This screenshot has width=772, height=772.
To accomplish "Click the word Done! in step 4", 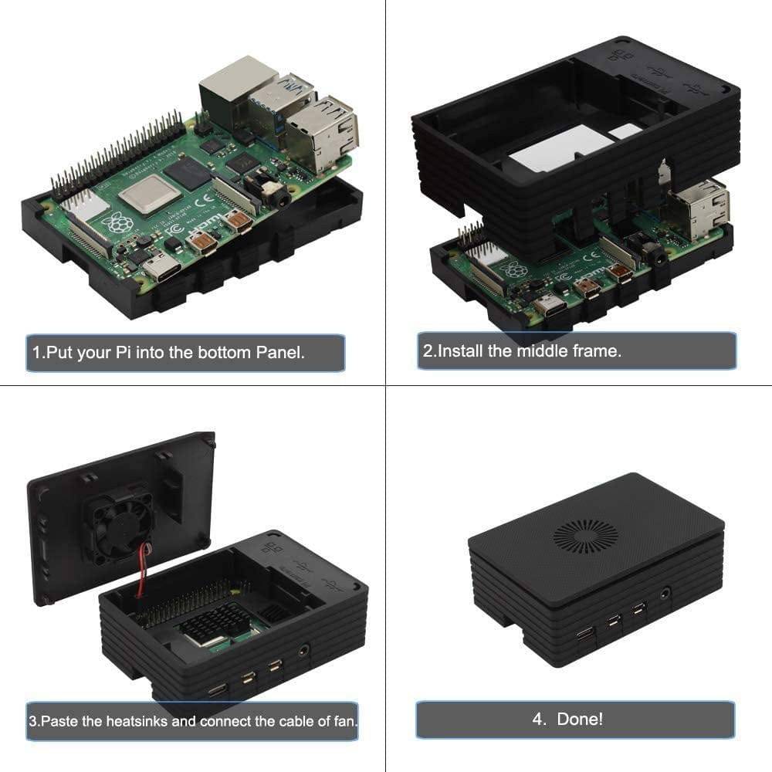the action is coord(580,720).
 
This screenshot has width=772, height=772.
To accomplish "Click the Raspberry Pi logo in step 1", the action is coord(118,222).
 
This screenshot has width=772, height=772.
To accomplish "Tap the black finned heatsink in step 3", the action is coord(214,623).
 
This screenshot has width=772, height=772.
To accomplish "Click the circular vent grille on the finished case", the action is coord(585,536).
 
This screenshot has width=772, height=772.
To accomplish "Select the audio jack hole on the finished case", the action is coord(666,593).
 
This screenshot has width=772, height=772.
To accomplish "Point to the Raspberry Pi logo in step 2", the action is coord(514,270).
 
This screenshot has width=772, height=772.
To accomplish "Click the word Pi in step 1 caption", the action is coord(123,353).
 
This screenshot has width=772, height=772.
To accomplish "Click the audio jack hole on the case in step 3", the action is coord(303,650).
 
